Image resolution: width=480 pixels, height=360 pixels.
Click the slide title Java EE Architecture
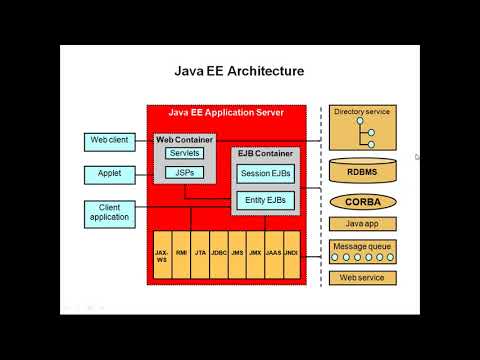point(239,71)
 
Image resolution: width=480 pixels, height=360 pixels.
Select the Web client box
point(108,141)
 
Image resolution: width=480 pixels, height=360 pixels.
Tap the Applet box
point(108,175)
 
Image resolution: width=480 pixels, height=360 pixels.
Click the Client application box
point(108,212)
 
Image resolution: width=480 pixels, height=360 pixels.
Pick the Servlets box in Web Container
point(184,153)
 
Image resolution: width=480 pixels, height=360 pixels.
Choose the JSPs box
point(184,172)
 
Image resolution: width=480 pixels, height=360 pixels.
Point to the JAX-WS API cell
point(162,254)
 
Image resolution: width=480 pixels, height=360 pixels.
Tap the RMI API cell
point(181,254)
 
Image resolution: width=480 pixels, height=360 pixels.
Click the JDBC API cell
point(218,254)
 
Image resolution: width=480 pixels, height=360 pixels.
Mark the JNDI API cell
point(291,254)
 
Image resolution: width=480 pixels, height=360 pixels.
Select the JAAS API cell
point(273,254)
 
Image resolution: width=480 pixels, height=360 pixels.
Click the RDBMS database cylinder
point(362,171)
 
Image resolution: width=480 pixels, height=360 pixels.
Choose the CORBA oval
point(362,201)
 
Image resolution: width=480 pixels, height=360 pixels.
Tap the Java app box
point(362,224)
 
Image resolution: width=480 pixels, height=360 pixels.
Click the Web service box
point(362,277)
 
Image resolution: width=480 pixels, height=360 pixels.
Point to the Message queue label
point(362,244)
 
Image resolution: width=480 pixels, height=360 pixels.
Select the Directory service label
point(362,111)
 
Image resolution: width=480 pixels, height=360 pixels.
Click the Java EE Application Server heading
point(225,113)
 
